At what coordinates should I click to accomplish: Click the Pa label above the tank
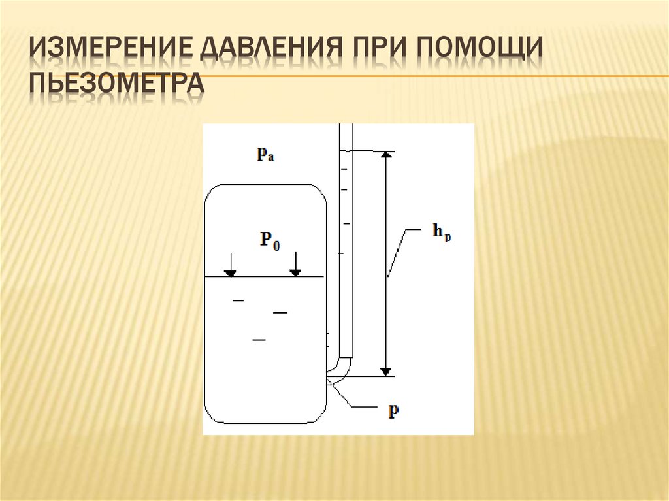265,155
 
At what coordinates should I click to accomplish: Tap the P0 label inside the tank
270,239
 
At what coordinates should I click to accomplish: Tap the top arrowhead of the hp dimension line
387,155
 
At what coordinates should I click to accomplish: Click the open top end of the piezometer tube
346,126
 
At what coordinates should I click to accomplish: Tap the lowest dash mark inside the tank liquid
259,340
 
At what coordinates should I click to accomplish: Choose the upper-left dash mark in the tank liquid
238,300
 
